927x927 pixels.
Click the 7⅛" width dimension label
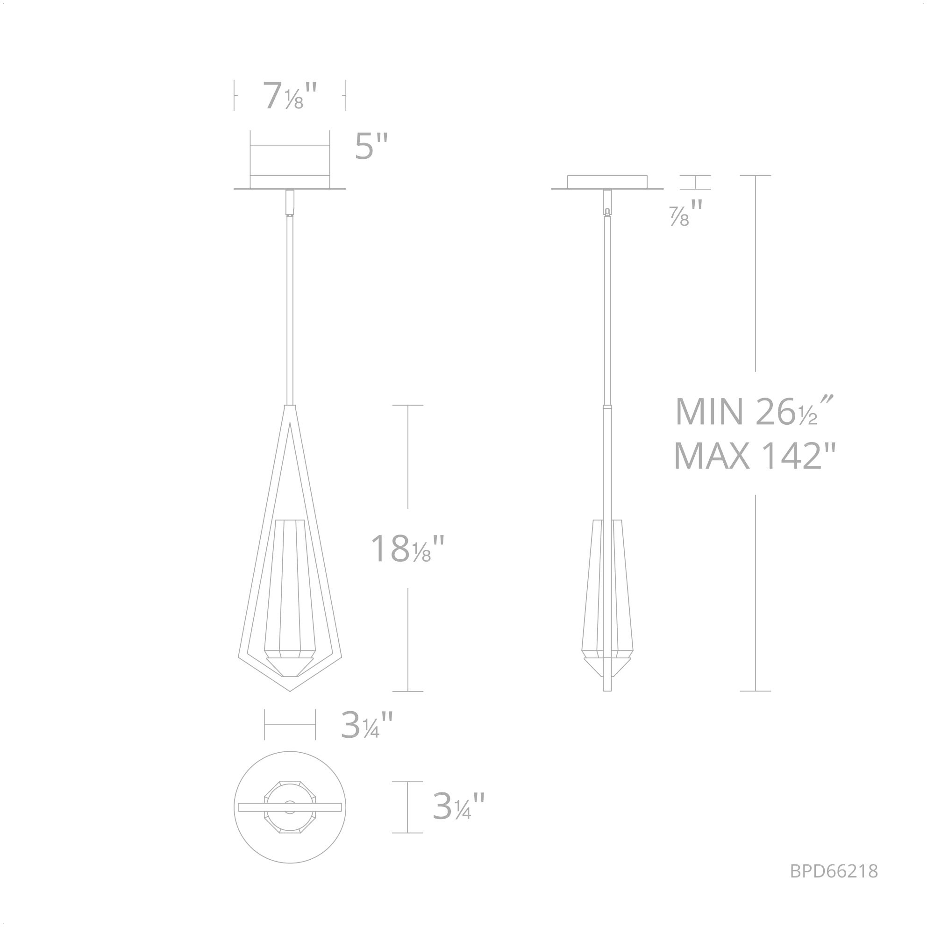[x=290, y=96]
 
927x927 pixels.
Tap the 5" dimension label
[x=371, y=146]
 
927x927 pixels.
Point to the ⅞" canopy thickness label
[x=685, y=213]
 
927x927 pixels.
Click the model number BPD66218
[x=834, y=871]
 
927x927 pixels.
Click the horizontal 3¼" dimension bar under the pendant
[x=290, y=725]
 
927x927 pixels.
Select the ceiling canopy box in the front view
[x=290, y=161]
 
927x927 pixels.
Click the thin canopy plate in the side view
[x=607, y=182]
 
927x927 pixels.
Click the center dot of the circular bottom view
[x=289, y=807]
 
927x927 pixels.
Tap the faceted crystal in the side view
[x=607, y=600]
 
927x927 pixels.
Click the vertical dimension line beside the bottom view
[x=407, y=807]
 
